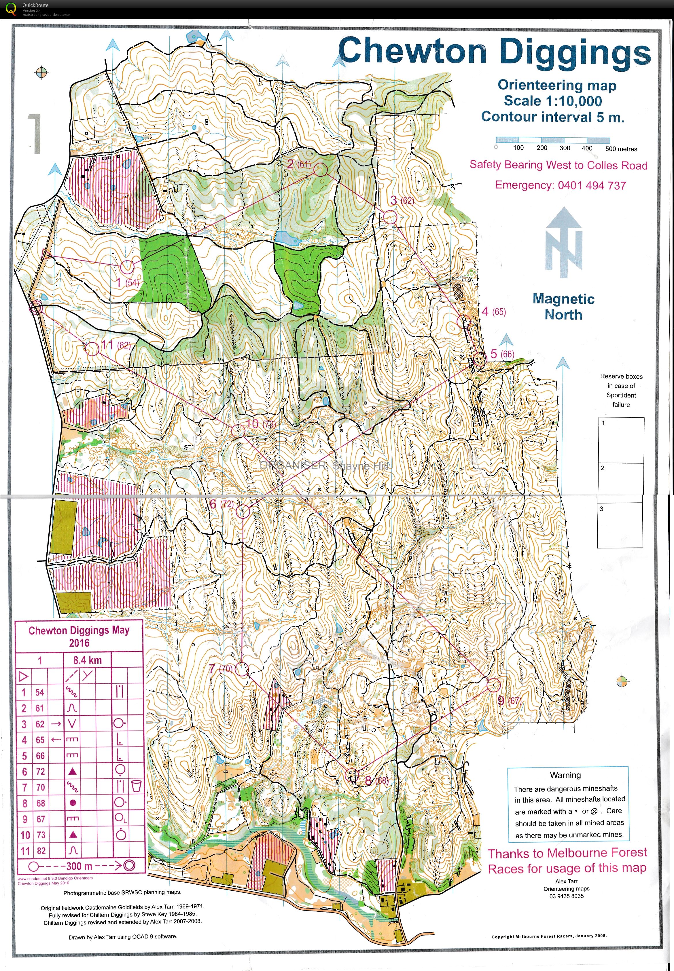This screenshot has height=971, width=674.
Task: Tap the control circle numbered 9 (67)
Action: tap(493, 685)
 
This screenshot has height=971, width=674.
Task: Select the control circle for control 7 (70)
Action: tap(242, 669)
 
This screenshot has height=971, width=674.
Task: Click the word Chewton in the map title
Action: tap(413, 52)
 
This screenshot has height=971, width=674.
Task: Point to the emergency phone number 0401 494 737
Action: tap(591, 185)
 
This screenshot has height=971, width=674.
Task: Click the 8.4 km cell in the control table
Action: tap(87, 660)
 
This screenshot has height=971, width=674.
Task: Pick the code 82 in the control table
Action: tap(41, 851)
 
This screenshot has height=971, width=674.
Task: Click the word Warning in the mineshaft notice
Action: tap(565, 775)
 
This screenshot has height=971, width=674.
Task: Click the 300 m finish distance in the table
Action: tap(79, 866)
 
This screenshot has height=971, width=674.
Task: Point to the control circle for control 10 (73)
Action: tap(238, 430)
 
